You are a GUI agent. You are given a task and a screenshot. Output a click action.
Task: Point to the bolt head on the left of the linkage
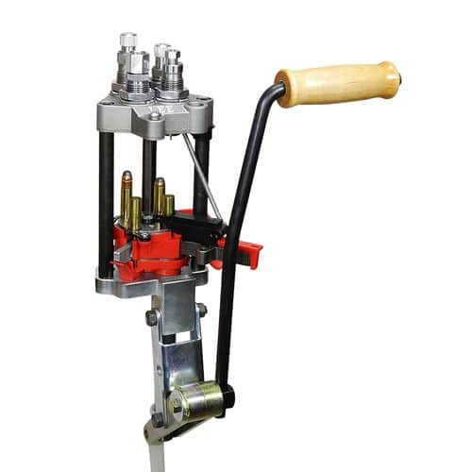[152, 318]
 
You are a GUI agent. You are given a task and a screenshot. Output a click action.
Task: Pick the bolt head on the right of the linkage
[202, 311]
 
